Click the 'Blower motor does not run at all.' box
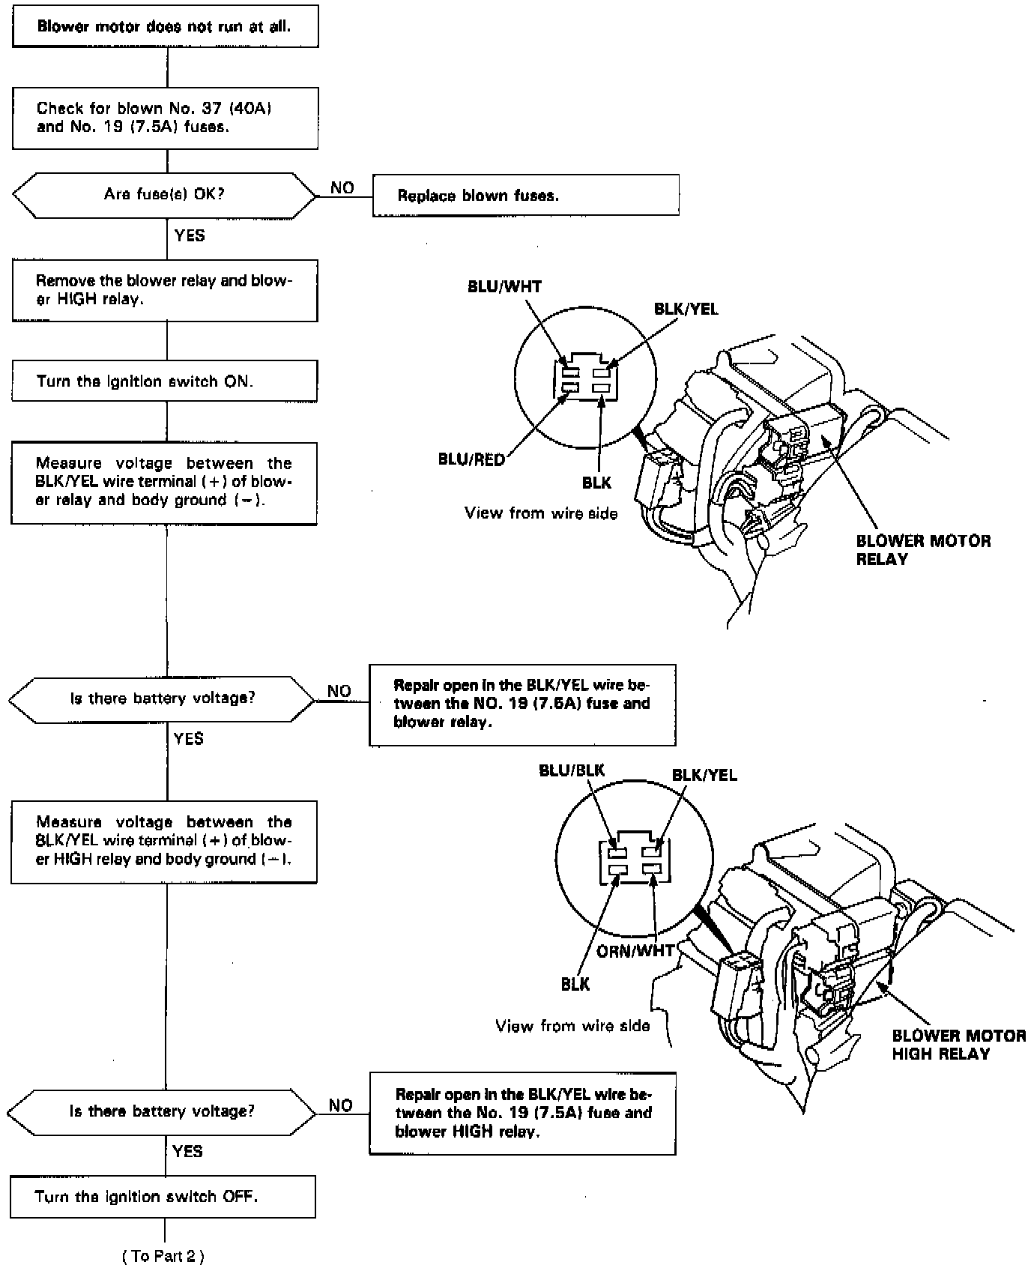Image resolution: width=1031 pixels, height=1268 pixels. [165, 26]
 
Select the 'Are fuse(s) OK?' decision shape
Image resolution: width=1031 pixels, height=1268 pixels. [165, 195]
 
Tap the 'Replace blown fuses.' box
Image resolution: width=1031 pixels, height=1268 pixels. [525, 196]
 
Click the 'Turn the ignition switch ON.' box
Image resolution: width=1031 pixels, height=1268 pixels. [164, 381]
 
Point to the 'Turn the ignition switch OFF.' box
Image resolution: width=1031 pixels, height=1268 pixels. [163, 1196]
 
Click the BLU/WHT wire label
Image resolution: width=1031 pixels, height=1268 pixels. [504, 286]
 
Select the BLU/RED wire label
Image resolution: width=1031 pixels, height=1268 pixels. [471, 459]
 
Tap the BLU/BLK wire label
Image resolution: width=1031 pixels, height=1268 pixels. [572, 770]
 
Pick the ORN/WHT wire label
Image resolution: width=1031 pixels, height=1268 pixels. [635, 950]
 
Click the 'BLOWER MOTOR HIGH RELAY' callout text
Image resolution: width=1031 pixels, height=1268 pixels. [958, 1045]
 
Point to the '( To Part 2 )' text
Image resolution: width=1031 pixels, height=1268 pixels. [163, 1256]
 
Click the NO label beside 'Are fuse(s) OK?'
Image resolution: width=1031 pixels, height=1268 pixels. [342, 188]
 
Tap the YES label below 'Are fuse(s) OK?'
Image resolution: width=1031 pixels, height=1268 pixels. [190, 235]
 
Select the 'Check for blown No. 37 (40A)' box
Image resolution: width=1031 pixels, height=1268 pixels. [165, 118]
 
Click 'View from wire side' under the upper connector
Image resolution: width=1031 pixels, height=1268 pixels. [541, 513]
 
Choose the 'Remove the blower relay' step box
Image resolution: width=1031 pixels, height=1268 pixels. [164, 290]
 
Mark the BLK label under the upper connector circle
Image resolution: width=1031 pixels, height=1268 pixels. [596, 483]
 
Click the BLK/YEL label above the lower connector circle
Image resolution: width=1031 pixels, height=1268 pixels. [704, 775]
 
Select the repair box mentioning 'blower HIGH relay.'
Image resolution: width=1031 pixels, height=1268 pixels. [522, 1112]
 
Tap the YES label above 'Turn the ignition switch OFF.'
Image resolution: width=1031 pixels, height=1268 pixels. [187, 1151]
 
